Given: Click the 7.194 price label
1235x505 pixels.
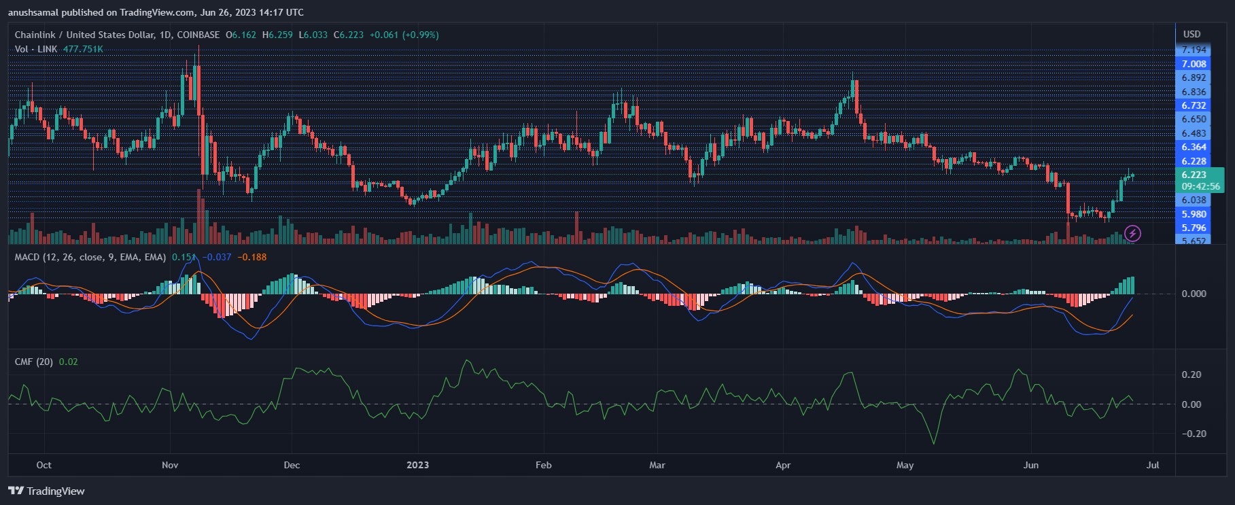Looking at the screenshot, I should (x=1194, y=50).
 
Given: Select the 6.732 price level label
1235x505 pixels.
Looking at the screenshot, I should (x=1194, y=105).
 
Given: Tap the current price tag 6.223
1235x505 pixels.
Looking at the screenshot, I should (x=1194, y=175).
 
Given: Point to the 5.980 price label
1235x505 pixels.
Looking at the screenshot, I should (x=1194, y=214).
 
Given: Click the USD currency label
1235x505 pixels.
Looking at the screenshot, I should (x=1191, y=34).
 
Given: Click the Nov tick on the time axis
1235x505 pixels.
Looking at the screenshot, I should (x=170, y=465).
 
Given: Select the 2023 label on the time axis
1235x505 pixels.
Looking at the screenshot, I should (x=417, y=465).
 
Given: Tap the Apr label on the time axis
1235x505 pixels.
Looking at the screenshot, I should (x=783, y=465).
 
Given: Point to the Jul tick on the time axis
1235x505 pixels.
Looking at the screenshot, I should (x=1152, y=465).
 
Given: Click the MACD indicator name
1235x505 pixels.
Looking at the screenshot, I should (x=27, y=257).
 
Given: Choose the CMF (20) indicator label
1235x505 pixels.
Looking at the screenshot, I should (x=33, y=362).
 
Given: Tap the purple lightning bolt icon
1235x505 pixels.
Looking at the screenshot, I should (x=1132, y=234).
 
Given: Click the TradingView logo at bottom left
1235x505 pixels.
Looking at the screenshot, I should (x=46, y=491).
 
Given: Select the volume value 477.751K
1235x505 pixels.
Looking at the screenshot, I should (x=83, y=49).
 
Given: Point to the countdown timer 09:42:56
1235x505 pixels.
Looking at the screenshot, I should (x=1200, y=186).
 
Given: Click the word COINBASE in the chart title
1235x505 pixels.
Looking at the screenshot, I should (x=198, y=35).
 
